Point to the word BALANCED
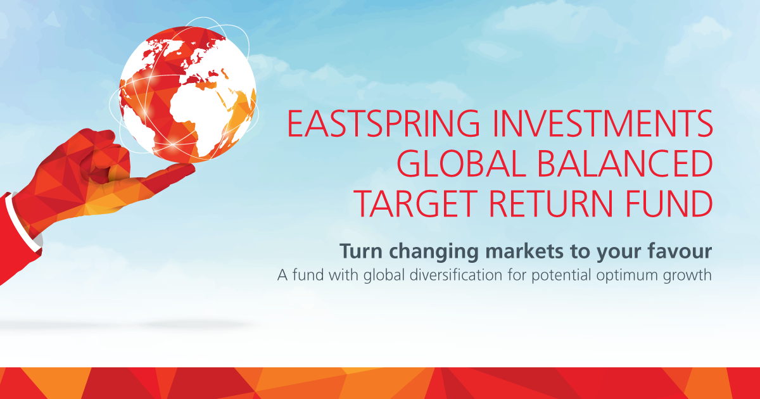tap(625, 163)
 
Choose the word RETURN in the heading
tap(550, 203)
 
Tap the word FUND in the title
tap(669, 203)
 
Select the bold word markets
tap(524, 251)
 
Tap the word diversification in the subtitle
tap(455, 274)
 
